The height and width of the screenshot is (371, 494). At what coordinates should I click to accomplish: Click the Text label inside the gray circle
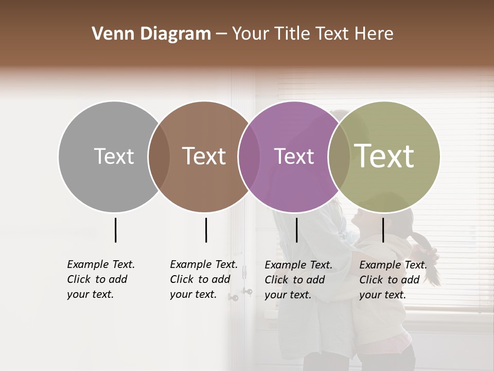click(114, 156)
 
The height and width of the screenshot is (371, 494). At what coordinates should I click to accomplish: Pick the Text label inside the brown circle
click(204, 156)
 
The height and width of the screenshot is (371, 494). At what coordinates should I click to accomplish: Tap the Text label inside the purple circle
click(294, 156)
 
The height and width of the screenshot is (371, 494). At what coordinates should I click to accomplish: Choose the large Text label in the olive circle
click(384, 156)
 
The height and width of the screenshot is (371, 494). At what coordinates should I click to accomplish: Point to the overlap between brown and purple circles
click(249, 157)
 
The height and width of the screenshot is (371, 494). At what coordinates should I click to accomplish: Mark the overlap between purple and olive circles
click(339, 157)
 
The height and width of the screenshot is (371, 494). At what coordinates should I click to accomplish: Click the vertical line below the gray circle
click(115, 230)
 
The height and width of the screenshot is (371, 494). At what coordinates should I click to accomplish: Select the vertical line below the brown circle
click(206, 230)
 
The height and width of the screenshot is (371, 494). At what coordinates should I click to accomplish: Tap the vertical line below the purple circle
click(296, 230)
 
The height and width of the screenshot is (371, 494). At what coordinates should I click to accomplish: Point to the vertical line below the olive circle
click(383, 230)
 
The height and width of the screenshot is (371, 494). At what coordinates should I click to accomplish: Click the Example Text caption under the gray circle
click(100, 279)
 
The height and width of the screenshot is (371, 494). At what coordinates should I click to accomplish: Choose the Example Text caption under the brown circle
click(203, 279)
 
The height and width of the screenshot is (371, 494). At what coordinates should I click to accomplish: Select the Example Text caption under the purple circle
click(298, 280)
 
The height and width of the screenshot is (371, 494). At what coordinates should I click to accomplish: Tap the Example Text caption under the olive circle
click(393, 280)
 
